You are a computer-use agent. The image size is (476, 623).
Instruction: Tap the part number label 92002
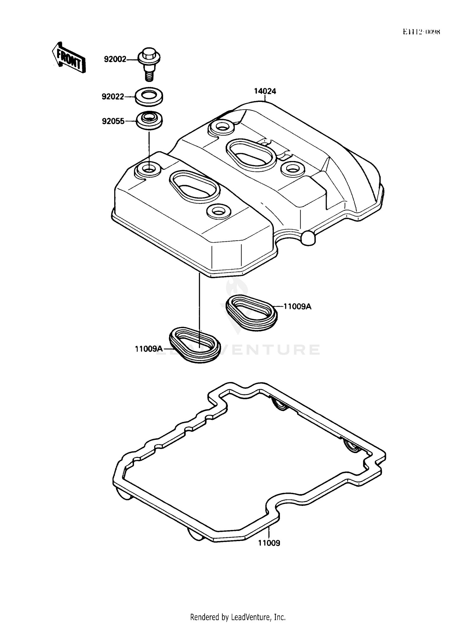coord(115,59)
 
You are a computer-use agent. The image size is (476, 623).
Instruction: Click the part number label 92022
coord(113,97)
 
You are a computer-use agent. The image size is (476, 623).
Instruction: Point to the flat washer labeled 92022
coord(149,95)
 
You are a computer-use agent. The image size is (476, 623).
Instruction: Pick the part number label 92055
coord(113,121)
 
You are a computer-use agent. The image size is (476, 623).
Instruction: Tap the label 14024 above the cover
coord(265,91)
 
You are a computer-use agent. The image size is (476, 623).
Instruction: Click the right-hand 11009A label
coord(297,306)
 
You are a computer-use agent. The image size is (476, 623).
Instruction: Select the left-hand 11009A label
coord(149,349)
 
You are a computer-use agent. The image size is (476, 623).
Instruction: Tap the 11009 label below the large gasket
coord(269,543)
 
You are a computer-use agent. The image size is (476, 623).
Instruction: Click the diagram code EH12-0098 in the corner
coord(421,32)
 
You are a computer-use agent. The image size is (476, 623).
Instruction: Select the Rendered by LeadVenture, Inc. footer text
coord(238,617)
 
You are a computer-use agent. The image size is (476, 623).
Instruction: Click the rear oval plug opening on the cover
coord(250,152)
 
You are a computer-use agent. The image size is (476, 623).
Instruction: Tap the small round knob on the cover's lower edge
coord(308,238)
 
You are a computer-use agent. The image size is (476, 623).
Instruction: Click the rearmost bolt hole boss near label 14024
coord(221,128)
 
